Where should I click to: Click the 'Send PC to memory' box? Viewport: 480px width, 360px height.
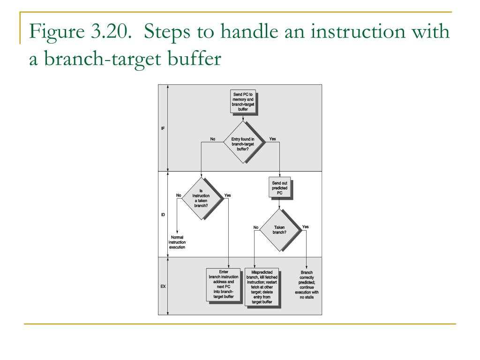click(x=242, y=102)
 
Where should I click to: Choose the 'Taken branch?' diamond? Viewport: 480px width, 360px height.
click(x=279, y=230)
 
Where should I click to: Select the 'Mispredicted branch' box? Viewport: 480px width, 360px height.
click(x=262, y=287)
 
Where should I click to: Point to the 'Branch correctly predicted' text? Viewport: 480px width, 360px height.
click(x=307, y=285)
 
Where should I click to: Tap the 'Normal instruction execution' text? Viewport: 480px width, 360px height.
click(x=177, y=242)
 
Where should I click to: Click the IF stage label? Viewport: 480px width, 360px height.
click(x=163, y=128)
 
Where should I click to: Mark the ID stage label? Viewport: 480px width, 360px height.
click(x=163, y=214)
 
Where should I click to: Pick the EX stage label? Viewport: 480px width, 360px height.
click(x=163, y=285)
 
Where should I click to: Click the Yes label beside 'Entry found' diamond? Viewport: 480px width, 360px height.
click(x=272, y=139)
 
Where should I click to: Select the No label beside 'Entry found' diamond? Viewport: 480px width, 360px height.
click(x=212, y=139)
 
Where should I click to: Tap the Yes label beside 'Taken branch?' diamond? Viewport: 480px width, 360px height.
click(x=306, y=227)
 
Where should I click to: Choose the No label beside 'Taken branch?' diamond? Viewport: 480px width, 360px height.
click(x=256, y=227)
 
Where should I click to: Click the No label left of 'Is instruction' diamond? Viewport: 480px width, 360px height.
click(x=179, y=195)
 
